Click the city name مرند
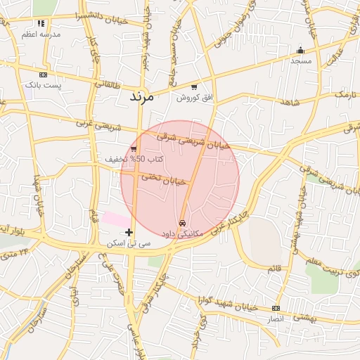pyautogui.click(x=141, y=97)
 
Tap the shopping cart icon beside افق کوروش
pyautogui.click(x=194, y=86)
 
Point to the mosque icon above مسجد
pyautogui.click(x=301, y=50)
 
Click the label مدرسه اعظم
pyautogui.click(x=41, y=34)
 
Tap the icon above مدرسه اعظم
pyautogui.click(x=41, y=23)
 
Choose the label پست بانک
pyautogui.click(x=44, y=84)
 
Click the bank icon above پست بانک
pyautogui.click(x=44, y=74)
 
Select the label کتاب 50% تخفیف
pyautogui.click(x=134, y=160)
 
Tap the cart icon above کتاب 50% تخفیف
pyautogui.click(x=134, y=148)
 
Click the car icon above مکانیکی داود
pyautogui.click(x=183, y=222)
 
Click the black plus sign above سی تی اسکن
pyautogui.click(x=129, y=232)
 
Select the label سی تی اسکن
pyautogui.click(x=129, y=243)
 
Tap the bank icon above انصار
pyautogui.click(x=275, y=308)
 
